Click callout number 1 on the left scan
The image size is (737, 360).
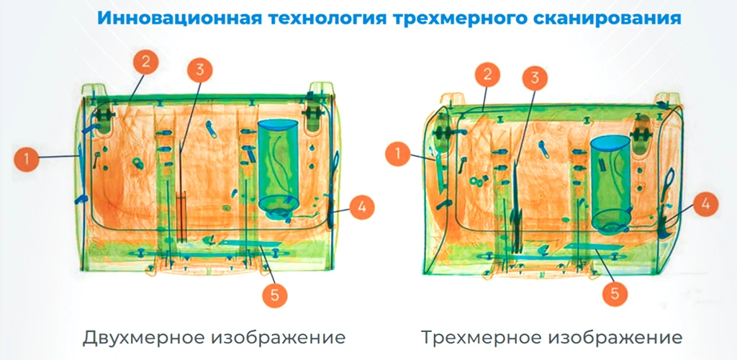click(27, 159)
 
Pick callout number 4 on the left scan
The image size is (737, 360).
click(361, 207)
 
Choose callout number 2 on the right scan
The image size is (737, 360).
click(487, 73)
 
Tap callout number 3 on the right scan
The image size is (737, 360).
click(534, 78)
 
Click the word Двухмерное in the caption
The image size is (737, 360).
click(143, 337)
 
